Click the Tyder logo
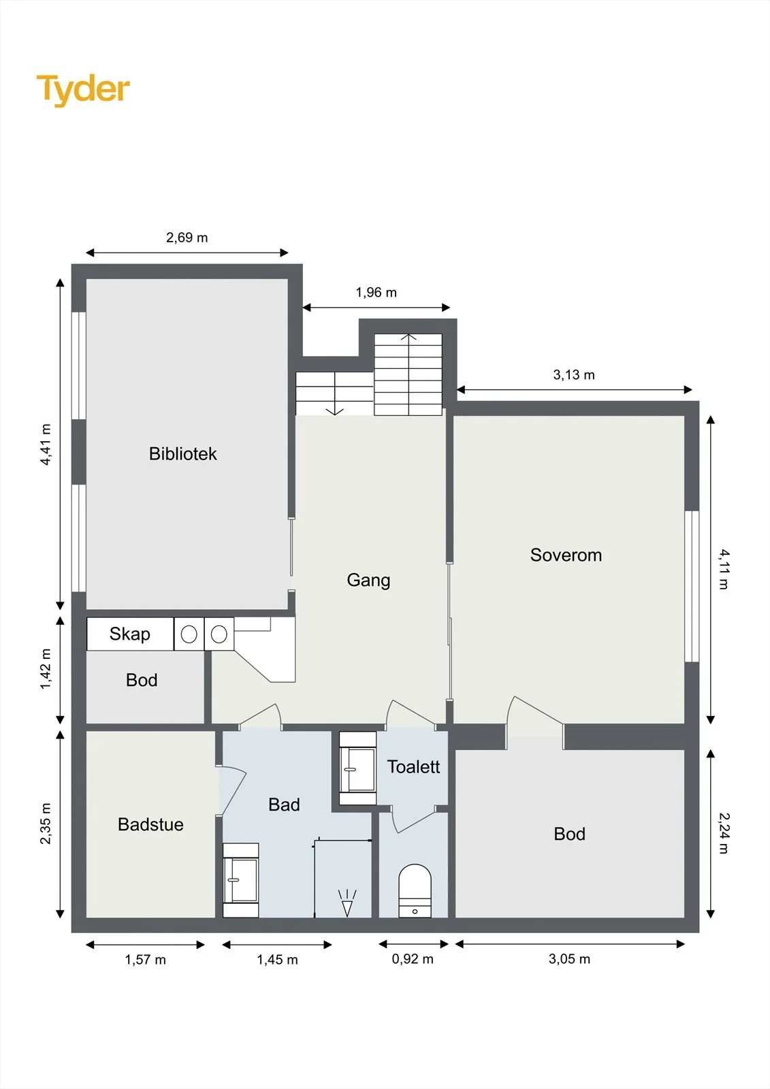(83, 91)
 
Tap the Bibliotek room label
(183, 453)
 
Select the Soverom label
(566, 555)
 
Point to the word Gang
(368, 580)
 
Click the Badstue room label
(150, 824)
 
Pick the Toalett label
(413, 766)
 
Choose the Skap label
(130, 634)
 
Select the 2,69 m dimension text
(187, 238)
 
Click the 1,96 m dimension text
(376, 293)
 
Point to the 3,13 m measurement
(574, 375)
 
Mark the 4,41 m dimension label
(46, 444)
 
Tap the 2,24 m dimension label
(724, 833)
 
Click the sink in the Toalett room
(358, 768)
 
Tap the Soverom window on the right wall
(692, 586)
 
